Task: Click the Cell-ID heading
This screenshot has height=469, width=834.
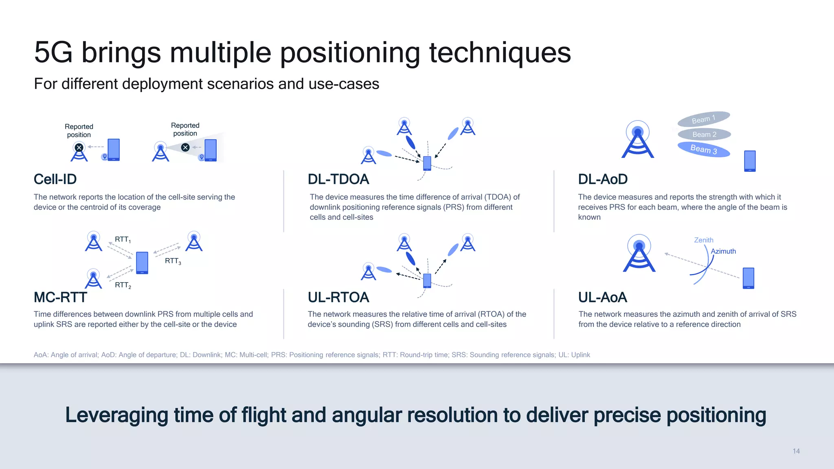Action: coord(55,179)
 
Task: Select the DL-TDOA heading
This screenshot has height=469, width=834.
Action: coord(338,179)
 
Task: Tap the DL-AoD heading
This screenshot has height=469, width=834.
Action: coord(603,179)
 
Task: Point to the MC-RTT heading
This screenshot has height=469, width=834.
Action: coord(60,297)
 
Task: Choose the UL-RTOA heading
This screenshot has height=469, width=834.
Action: coord(338,297)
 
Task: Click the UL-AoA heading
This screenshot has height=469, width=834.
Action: coord(602,297)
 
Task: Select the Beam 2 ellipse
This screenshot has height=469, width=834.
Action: coord(704,134)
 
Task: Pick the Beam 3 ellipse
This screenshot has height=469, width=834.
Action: coord(703,149)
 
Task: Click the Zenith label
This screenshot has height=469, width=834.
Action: coord(703,240)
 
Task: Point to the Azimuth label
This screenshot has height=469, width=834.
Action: coord(723,251)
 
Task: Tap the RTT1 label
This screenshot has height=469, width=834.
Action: coord(123,239)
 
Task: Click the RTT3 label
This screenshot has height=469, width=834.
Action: coord(173,261)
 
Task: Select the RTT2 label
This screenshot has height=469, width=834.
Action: coord(123,285)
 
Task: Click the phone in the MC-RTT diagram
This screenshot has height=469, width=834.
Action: coord(142,263)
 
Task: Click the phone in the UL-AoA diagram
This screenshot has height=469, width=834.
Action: coord(748,278)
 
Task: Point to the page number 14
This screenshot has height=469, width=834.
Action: coord(796,451)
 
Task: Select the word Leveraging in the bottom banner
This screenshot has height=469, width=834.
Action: coord(116,415)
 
